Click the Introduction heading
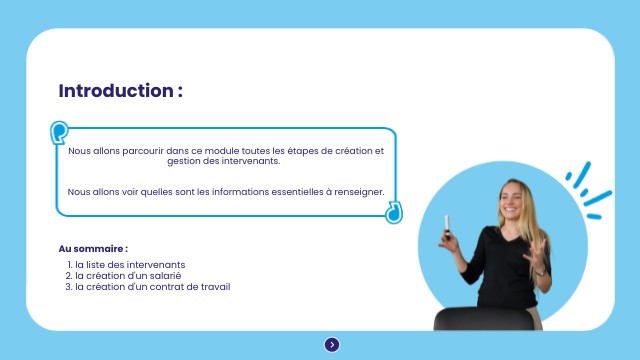pos(120,91)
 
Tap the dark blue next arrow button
pos(332,345)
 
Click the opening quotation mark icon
pos(59,132)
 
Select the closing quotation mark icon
pos(394,212)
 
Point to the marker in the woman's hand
pos(447,227)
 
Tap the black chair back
pos(484,318)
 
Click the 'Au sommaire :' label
pos(93,249)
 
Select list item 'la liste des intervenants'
pos(130,264)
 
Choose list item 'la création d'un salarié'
pos(128,276)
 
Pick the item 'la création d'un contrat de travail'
pos(153,287)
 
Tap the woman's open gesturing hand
pos(536,255)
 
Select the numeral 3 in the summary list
pos(68,287)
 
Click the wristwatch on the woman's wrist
pos(541,272)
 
